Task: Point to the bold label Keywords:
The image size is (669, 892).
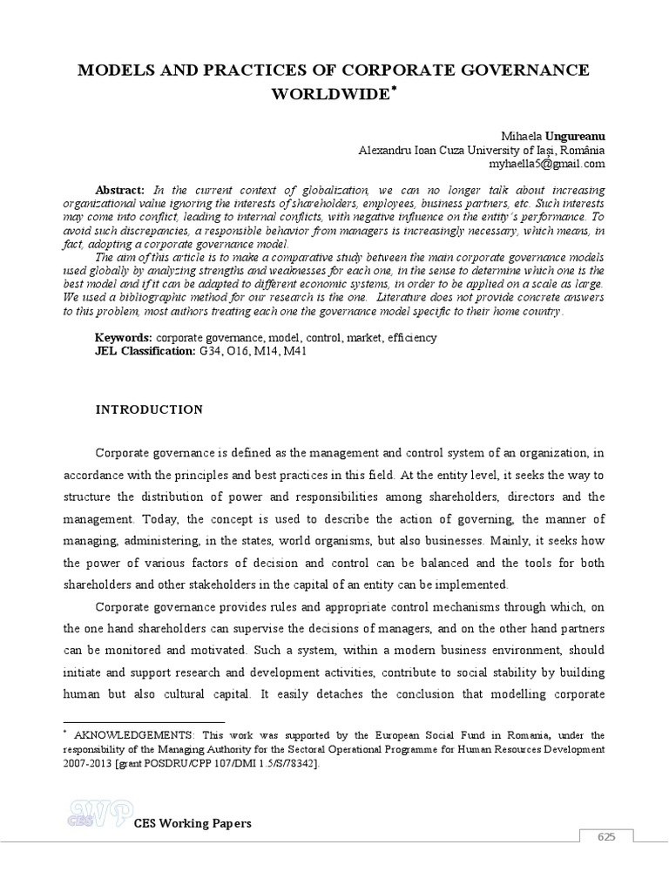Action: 124,337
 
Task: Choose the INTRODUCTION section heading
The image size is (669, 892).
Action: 149,409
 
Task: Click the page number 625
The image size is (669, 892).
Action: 606,837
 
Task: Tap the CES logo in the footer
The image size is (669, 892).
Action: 98,814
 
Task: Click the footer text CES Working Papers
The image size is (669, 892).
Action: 193,823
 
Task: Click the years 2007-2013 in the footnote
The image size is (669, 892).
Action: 84,763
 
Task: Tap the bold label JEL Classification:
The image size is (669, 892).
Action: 145,350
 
